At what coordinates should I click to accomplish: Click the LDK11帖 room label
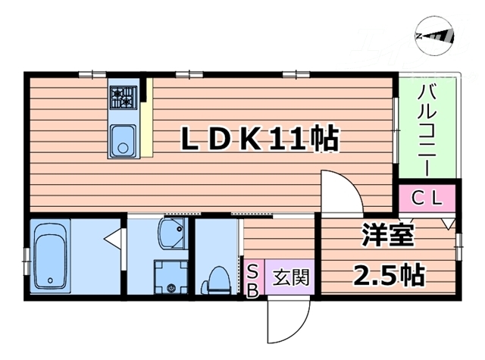258,139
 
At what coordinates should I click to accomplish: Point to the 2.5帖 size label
389,274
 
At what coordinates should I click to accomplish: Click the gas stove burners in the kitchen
122,96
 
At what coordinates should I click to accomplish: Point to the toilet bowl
217,280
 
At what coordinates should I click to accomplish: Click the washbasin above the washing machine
171,234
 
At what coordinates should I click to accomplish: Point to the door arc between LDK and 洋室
339,193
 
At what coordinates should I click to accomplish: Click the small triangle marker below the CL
447,223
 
